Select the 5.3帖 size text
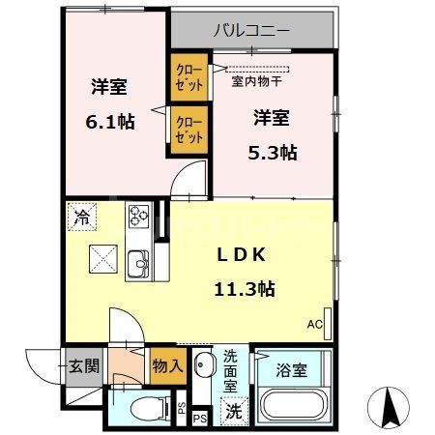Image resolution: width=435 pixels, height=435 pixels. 273,152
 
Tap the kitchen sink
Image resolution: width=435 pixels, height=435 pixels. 136,262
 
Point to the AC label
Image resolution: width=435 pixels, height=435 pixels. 314,324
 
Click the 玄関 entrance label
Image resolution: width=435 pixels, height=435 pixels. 79,366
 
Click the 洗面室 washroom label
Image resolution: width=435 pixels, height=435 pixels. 233,370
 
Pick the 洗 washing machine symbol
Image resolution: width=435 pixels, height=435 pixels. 234,410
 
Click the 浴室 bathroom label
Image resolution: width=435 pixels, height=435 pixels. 291,368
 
